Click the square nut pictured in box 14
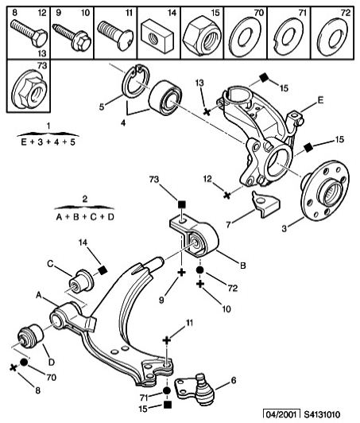point(157,36)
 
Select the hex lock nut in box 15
point(201,35)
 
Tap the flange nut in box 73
point(29,89)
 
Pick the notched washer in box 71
point(288,36)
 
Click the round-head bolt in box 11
point(115,35)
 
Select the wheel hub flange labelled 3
point(325,191)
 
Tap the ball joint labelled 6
point(195,389)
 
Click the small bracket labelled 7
point(265,203)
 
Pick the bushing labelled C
point(81,281)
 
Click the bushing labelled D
point(30,336)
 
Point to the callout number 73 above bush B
point(154,180)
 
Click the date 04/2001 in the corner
point(282,414)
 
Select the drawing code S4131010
point(322,414)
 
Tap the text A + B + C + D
point(85,216)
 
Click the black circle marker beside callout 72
point(199,270)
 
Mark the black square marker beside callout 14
point(103,270)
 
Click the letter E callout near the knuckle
point(320,100)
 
